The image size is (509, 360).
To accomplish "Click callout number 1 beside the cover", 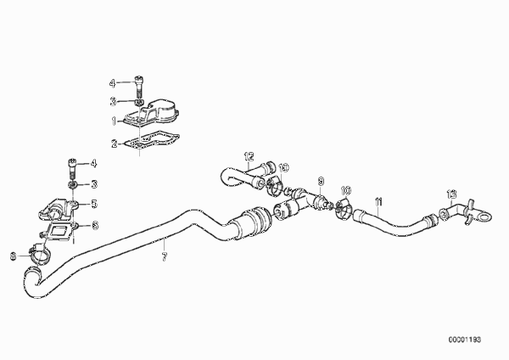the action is click(114, 121).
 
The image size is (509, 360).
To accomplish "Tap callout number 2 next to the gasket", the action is click(115, 143).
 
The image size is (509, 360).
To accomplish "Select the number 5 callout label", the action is click(94, 204).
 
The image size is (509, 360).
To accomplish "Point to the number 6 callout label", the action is click(94, 225).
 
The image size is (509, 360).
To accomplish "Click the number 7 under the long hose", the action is click(165, 256).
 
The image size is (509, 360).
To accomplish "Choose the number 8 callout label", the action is click(13, 256).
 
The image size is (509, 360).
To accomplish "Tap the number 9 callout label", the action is click(321, 181).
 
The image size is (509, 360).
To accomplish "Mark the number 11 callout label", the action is click(378, 202).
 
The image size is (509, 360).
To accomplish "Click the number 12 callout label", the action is click(249, 157).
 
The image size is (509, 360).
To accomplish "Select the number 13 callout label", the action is click(451, 194).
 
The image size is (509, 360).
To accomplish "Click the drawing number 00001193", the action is click(465, 340).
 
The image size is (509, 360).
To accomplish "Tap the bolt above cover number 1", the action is click(138, 86).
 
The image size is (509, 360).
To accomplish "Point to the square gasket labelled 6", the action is click(59, 232).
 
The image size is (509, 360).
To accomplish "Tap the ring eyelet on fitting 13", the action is click(484, 217).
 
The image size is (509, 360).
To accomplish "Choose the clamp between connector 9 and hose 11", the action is click(344, 209).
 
